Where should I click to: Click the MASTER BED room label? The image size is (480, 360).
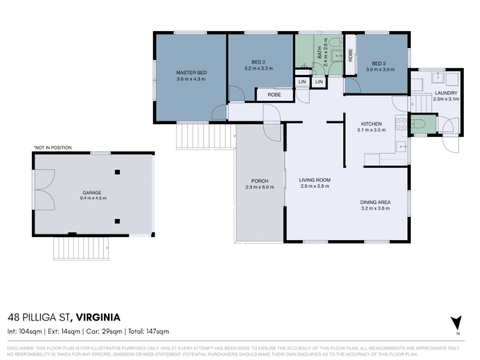click(x=191, y=73)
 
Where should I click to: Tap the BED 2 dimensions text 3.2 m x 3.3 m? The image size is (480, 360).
click(x=259, y=68)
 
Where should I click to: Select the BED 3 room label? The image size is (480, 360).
click(x=379, y=64)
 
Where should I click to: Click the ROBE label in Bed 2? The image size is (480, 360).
click(x=274, y=95)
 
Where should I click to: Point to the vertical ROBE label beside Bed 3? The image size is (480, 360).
click(x=350, y=55)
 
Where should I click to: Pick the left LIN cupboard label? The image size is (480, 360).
click(x=302, y=82)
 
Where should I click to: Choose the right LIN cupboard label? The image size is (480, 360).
click(x=319, y=82)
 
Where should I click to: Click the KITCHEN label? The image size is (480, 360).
click(x=371, y=124)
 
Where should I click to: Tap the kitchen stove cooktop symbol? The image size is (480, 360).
click(x=401, y=124)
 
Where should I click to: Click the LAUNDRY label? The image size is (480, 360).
click(x=446, y=93)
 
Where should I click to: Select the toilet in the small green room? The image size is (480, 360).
click(x=419, y=124)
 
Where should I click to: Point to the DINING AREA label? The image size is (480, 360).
click(x=376, y=202)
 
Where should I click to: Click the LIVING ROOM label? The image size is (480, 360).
click(x=314, y=180)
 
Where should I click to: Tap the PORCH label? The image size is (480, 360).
click(x=260, y=181)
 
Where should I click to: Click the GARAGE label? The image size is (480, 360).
click(x=92, y=193)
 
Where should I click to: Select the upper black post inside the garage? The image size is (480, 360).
click(x=117, y=172)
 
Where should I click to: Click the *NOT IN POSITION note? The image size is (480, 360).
click(x=53, y=148)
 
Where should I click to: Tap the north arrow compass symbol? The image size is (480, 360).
click(x=456, y=323)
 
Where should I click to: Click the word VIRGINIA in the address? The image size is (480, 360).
click(x=98, y=317)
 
